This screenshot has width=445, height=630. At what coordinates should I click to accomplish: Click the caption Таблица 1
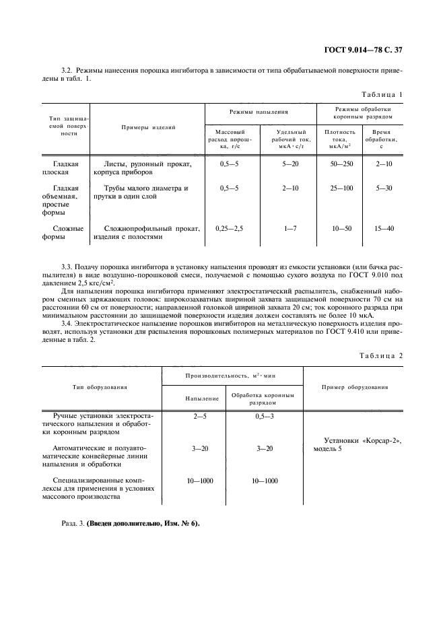pyautogui.click(x=382, y=94)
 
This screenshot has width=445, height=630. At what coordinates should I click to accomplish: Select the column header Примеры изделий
pyautogui.click(x=148, y=127)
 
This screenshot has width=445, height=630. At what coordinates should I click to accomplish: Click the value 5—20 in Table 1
pyautogui.click(x=291, y=164)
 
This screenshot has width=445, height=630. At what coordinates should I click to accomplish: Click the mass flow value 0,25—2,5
pyautogui.click(x=229, y=229)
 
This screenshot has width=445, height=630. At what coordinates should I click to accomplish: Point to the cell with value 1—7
pyautogui.click(x=291, y=229)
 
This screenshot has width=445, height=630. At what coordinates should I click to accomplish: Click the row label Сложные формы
pyautogui.click(x=68, y=233)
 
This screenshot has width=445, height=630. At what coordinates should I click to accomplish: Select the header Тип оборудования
pyautogui.click(x=100, y=387)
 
